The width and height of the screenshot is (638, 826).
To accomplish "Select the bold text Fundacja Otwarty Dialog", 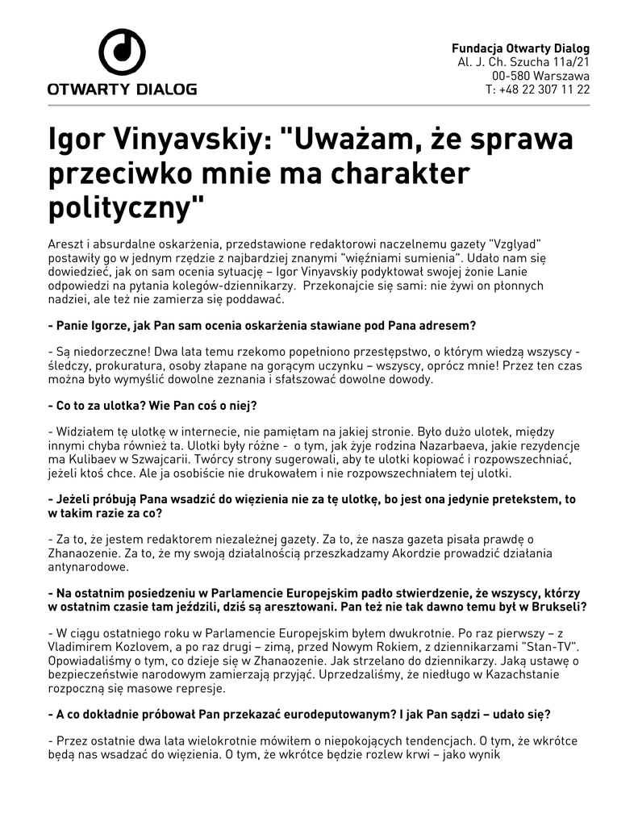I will point(520,48).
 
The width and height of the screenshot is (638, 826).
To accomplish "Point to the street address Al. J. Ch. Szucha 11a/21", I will point(523,62).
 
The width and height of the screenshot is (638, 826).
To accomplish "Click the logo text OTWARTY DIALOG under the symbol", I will point(122,90).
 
